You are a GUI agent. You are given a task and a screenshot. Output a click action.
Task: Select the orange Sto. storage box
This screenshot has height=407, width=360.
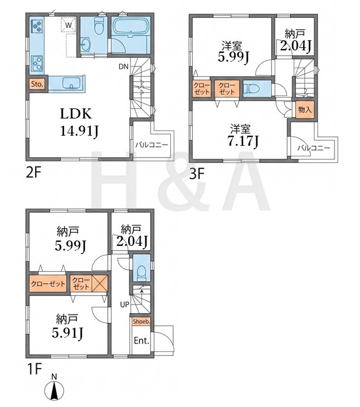[x=37, y=84]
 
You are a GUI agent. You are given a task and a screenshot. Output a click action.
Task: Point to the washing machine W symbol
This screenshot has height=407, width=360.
[x=68, y=25]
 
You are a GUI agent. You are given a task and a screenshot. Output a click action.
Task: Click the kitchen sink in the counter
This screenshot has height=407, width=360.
[x=72, y=83]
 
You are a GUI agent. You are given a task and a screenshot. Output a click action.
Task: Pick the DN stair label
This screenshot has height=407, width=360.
[x=123, y=67]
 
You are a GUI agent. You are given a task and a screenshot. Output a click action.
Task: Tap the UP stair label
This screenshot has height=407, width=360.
[x=125, y=305]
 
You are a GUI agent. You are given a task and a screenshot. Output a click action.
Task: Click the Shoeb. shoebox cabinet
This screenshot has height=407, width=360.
[x=141, y=322]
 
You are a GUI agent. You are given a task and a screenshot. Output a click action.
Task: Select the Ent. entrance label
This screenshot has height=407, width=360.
[x=141, y=341]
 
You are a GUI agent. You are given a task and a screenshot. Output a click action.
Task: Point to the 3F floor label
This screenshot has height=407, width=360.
[x=196, y=174]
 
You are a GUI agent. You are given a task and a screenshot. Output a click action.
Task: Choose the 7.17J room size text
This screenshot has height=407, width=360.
[x=243, y=141]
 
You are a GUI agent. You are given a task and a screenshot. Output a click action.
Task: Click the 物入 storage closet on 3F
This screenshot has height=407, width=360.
[x=305, y=110]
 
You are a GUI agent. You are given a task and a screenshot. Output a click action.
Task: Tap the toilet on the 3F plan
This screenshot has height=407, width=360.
[x=251, y=89]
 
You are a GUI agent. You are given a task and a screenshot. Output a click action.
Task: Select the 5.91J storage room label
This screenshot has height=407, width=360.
[x=68, y=333]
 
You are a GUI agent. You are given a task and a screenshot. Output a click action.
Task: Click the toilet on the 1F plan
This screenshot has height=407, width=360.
[x=141, y=273]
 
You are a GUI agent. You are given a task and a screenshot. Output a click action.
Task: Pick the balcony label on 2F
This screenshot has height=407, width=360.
[x=152, y=145]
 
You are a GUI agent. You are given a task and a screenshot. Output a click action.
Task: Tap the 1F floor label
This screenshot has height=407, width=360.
[x=34, y=368]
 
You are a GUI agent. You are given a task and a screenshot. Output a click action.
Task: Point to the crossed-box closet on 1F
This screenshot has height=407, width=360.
[x=100, y=283]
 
